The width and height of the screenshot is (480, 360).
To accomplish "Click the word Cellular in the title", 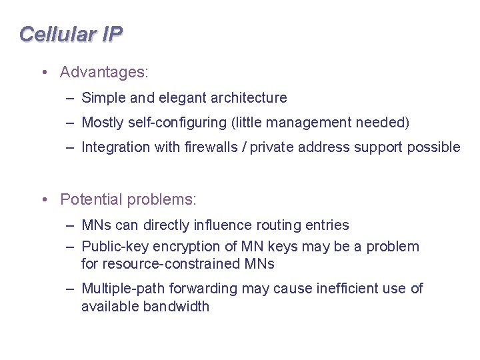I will [x=58, y=34].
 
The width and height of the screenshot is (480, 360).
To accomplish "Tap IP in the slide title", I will [x=112, y=34].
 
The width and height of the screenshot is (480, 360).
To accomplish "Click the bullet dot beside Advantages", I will [x=43, y=71].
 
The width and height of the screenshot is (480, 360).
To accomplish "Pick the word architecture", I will [x=249, y=98].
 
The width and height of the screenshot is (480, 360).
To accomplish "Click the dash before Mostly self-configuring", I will [x=70, y=123].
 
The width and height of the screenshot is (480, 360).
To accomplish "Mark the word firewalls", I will [x=211, y=147].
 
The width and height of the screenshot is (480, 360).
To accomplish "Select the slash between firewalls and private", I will [x=245, y=147].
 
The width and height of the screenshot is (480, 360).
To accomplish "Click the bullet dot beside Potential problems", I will [x=43, y=199].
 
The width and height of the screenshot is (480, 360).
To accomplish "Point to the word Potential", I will [x=91, y=199].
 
